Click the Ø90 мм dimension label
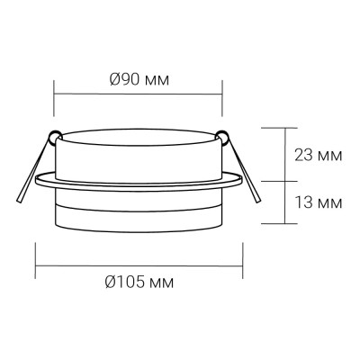139,79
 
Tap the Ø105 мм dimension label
139,283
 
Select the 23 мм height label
317,155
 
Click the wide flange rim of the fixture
139,182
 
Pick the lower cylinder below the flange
139,211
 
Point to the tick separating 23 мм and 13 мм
282,180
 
